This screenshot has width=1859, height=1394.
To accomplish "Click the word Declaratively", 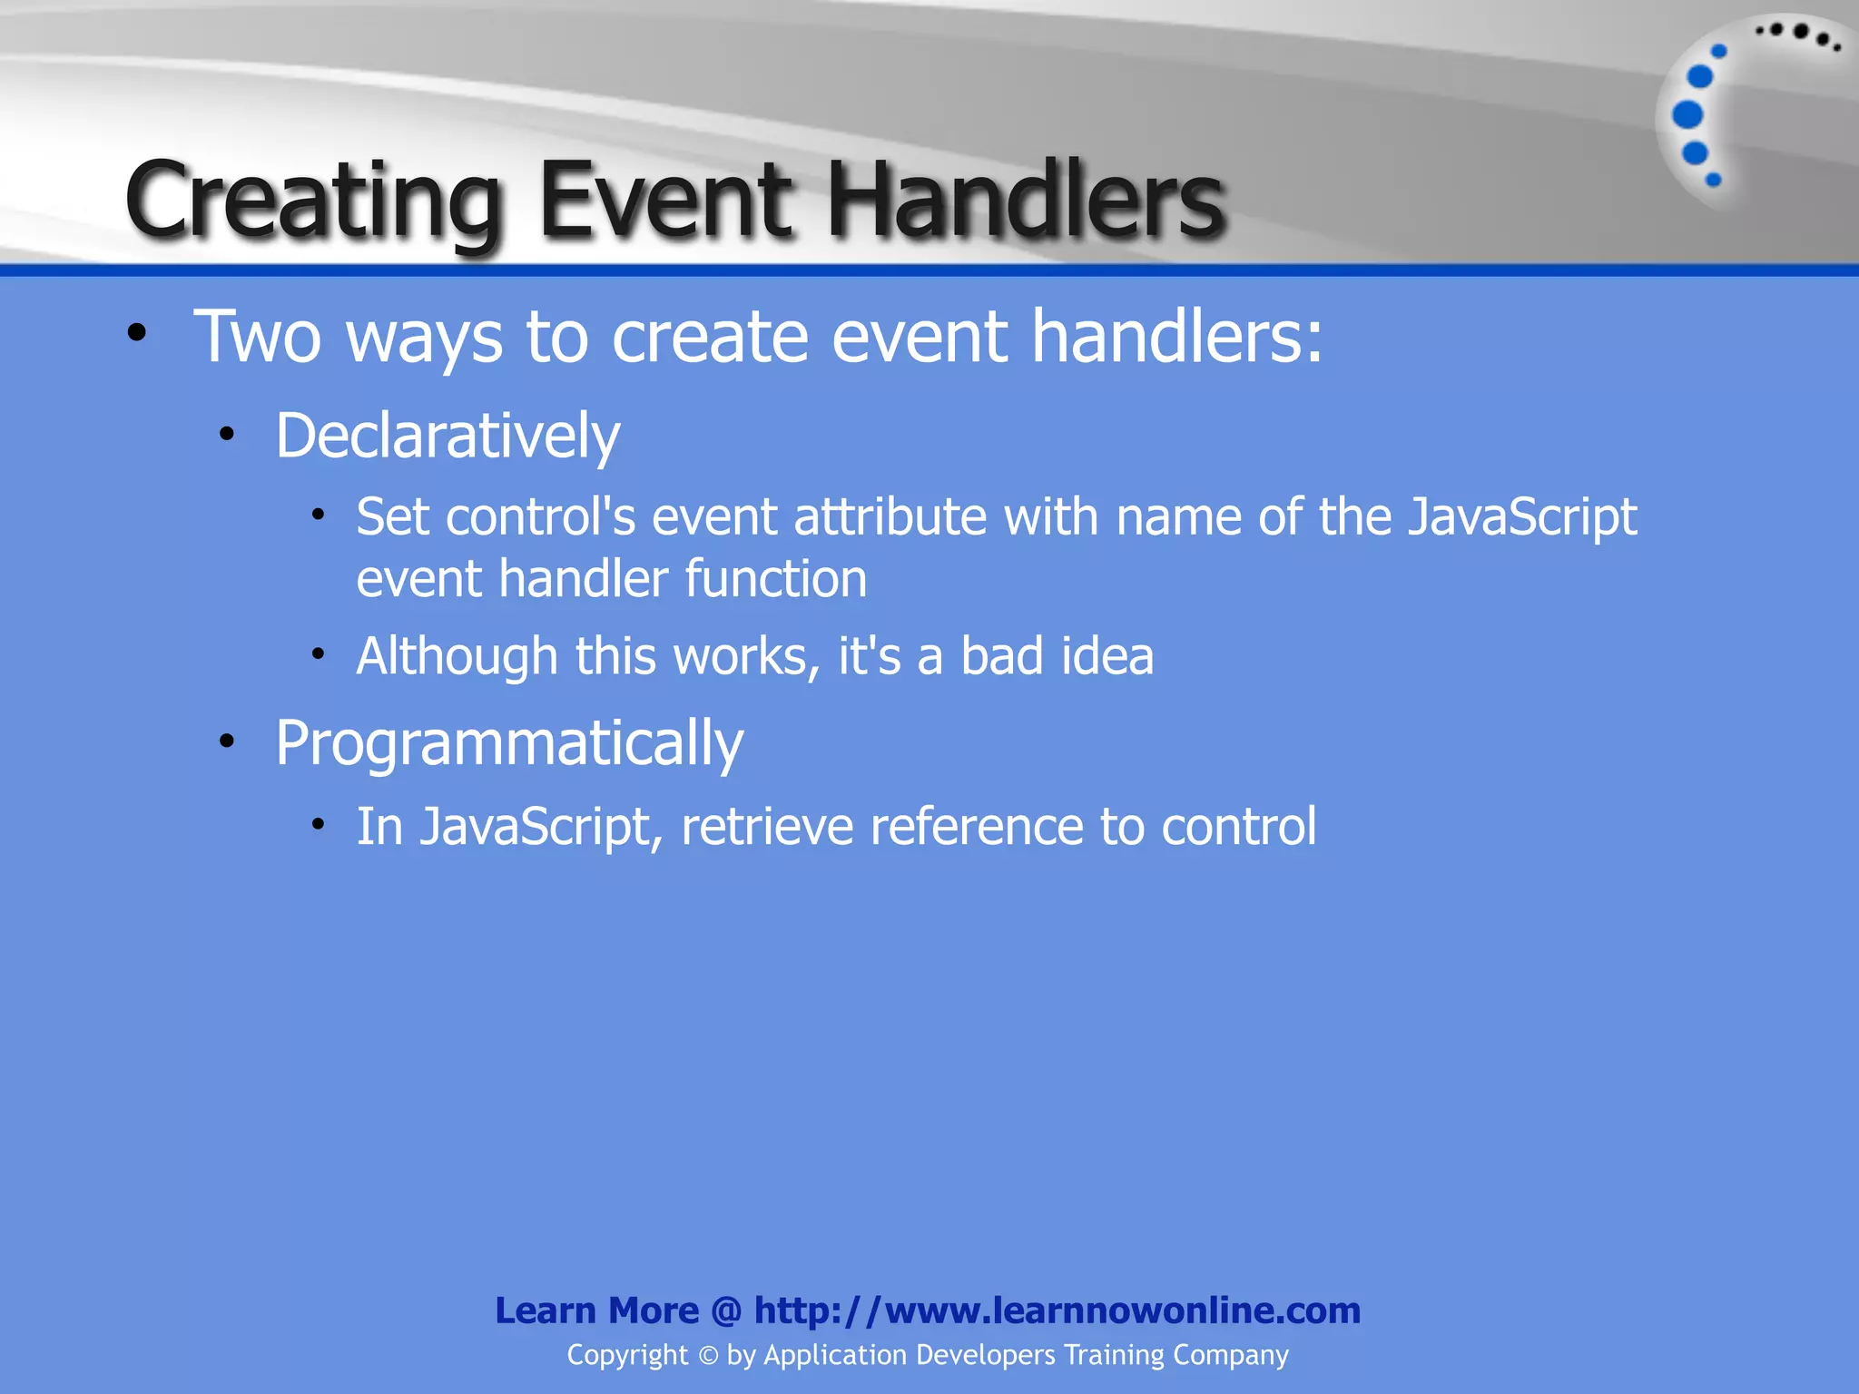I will point(448,437).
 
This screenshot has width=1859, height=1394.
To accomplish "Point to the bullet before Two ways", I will point(137,333).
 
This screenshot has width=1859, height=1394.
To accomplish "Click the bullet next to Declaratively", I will point(227,434).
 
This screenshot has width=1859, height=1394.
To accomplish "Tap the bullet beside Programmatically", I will point(227,741).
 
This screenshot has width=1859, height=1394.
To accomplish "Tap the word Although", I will point(457,656).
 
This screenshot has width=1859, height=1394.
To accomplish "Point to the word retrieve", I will point(767,827).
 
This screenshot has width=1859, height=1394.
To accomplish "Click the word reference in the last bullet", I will point(976,827).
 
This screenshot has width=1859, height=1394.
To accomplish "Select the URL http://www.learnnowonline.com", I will point(1057,1311).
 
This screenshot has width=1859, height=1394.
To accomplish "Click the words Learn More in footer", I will point(596,1311).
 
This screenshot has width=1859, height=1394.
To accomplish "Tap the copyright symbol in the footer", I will point(708,1356).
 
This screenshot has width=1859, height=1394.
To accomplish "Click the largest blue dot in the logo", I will point(1687,115).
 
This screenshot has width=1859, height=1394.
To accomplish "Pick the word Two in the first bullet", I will point(258,337).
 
